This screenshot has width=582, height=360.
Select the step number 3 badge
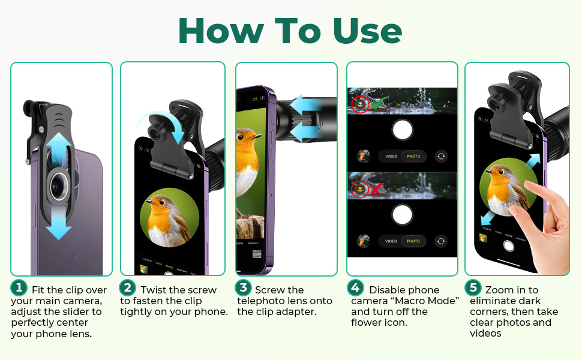pyautogui.click(x=243, y=287)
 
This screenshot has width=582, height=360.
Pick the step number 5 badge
pyautogui.click(x=473, y=287)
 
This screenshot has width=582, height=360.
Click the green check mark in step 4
pyautogui.click(x=379, y=103)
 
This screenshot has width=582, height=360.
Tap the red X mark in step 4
pyautogui.click(x=376, y=189)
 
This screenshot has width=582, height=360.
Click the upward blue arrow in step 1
pyautogui.click(x=59, y=151)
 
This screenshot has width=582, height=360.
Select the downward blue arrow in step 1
pyautogui.click(x=59, y=223)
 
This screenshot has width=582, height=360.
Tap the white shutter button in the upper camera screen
pyautogui.click(x=403, y=130)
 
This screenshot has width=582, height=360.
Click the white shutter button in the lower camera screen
pyautogui.click(x=403, y=215)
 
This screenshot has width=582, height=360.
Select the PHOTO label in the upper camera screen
pyautogui.click(x=413, y=156)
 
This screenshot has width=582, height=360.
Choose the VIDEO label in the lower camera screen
pyautogui.click(x=391, y=241)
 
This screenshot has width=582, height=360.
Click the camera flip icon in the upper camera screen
pyautogui.click(x=441, y=156)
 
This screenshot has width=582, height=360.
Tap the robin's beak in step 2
pyautogui.click(x=149, y=202)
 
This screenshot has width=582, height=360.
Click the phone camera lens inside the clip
pyautogui.click(x=59, y=184)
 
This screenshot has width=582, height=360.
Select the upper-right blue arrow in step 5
pyautogui.click(x=533, y=161)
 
